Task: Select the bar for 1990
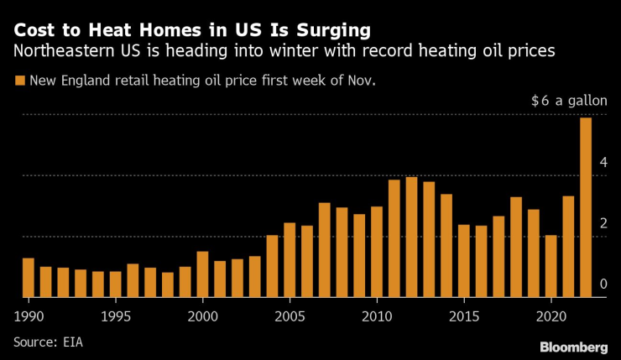[x=29, y=278]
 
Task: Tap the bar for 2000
[x=202, y=274]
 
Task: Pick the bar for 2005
[x=290, y=260]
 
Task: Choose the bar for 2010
[x=377, y=252]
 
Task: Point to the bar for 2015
[x=463, y=261]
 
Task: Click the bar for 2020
[x=551, y=266]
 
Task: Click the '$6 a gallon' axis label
[x=569, y=101]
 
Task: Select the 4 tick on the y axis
[x=603, y=162]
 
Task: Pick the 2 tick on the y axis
[x=603, y=223]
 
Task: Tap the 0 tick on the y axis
[x=603, y=284]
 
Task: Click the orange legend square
[x=18, y=81]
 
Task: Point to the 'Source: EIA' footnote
[x=48, y=342]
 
